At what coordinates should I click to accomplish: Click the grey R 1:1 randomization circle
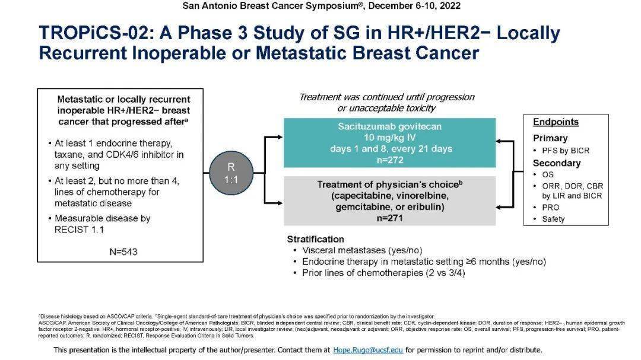[x=231, y=173]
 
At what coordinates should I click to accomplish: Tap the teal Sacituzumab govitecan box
[x=389, y=142]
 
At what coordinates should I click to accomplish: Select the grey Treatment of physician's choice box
[x=389, y=201]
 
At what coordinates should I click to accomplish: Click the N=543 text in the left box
[x=123, y=251]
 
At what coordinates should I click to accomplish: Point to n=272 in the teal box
[x=389, y=160]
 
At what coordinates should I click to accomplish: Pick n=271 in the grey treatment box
[x=389, y=218]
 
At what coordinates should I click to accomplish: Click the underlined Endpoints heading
[x=556, y=122]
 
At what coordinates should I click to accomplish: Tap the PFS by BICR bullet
[x=565, y=151]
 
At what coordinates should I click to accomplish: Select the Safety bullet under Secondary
[x=553, y=219]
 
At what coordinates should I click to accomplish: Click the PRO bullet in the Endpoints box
[x=550, y=208]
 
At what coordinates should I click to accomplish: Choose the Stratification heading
[x=315, y=240]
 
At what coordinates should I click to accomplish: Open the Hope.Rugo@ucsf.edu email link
[x=368, y=350]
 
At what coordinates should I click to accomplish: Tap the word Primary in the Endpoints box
[x=550, y=138]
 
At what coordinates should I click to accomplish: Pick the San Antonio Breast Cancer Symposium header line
[x=321, y=6]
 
